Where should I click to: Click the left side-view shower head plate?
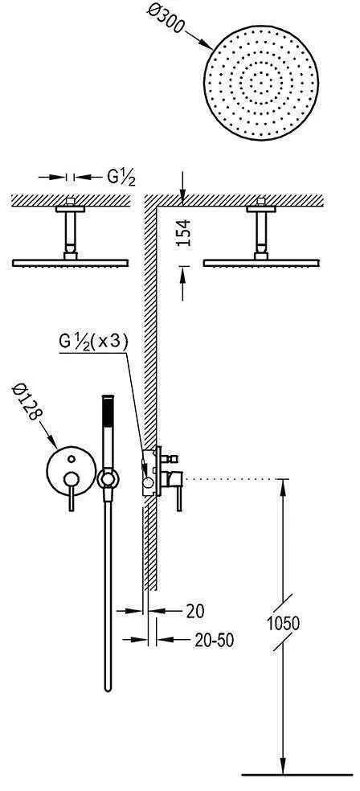pos(72,262)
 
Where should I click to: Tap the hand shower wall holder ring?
pos(107,480)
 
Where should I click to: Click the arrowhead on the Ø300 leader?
pos(211,44)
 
